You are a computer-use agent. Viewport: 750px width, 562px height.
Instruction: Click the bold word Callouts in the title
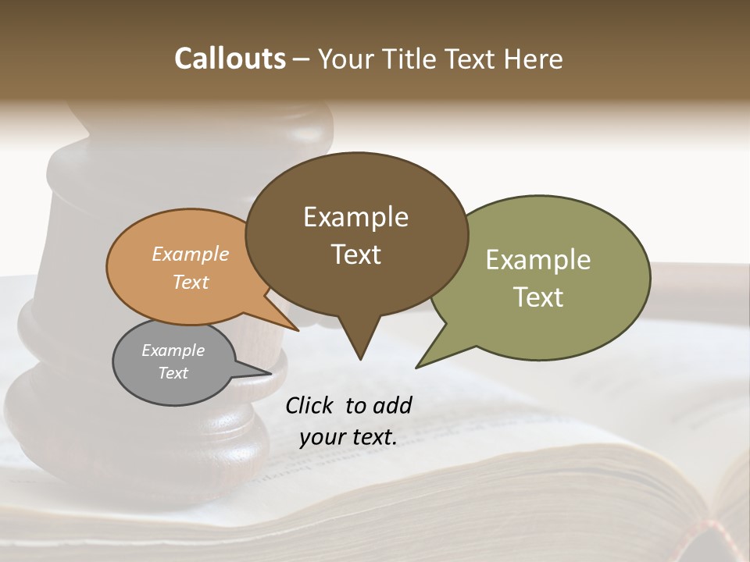[x=230, y=59]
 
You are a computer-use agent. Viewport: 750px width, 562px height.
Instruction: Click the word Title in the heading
[x=410, y=59]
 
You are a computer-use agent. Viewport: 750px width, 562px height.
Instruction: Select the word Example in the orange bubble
[x=191, y=254]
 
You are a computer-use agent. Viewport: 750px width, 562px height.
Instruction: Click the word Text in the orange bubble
[x=191, y=282]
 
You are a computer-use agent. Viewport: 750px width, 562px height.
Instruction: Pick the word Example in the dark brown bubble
[x=355, y=217]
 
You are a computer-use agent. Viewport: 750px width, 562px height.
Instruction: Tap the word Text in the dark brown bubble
[x=356, y=254]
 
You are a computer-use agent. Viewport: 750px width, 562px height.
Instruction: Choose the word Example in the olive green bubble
[x=538, y=260]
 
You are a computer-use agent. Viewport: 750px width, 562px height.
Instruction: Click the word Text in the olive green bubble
[x=538, y=297]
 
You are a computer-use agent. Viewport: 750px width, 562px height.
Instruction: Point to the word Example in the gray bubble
[x=173, y=350]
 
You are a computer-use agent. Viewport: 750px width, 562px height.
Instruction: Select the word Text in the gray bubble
[x=173, y=373]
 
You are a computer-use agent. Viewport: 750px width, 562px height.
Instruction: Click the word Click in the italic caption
[x=311, y=405]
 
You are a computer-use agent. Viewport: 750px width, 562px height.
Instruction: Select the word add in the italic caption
[x=392, y=405]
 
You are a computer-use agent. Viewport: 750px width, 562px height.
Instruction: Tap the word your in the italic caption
[x=322, y=437]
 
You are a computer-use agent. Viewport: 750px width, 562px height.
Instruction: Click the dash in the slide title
[x=302, y=59]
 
